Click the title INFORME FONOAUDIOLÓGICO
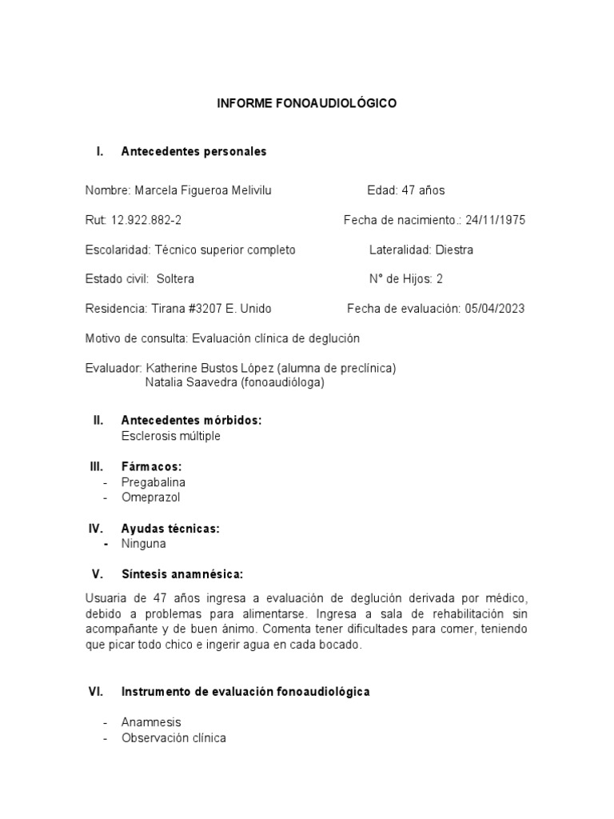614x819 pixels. click(307, 104)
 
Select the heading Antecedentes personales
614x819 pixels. click(193, 151)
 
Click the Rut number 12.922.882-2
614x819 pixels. click(141, 220)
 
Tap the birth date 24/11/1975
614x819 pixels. click(496, 220)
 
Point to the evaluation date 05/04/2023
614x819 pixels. click(494, 309)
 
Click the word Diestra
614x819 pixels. click(454, 250)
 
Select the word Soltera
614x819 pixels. click(175, 279)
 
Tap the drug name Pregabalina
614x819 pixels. click(153, 482)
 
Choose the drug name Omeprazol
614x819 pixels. click(151, 497)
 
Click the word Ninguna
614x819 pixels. click(144, 544)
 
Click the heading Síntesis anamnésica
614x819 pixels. click(182, 574)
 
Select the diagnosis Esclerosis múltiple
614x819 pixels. click(170, 436)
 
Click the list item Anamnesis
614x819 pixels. click(152, 722)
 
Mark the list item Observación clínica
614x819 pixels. click(173, 738)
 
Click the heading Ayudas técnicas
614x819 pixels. click(170, 529)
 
